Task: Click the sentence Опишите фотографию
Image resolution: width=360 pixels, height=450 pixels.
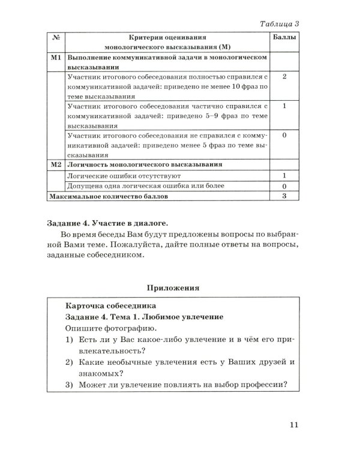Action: [x=100, y=329]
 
